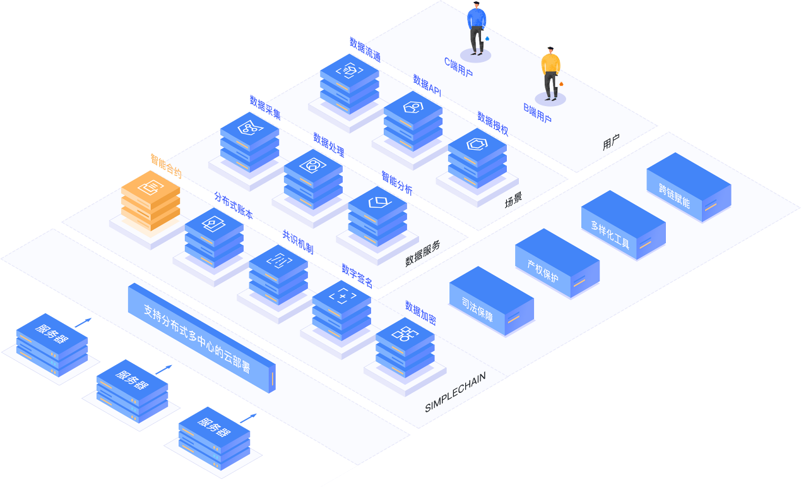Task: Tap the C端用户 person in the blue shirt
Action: [x=477, y=28]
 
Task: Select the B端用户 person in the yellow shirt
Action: [x=550, y=73]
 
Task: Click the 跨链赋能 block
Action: [x=689, y=187]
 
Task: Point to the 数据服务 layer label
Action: [x=423, y=254]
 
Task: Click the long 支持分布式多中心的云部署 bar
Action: [x=202, y=337]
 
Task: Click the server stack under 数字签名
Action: [x=341, y=310]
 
